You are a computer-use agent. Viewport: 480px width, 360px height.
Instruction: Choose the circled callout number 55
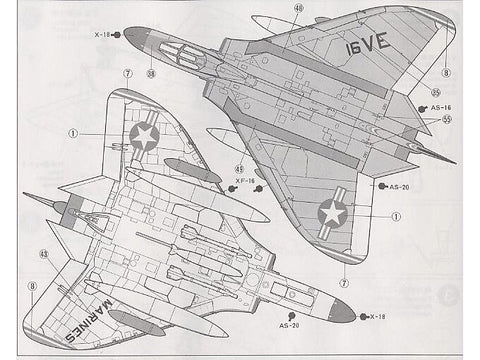pyautogui.click(x=446, y=119)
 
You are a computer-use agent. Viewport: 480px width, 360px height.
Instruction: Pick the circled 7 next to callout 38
pyautogui.click(x=127, y=74)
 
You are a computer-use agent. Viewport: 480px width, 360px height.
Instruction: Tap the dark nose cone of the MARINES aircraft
pyautogui.click(x=342, y=315)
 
